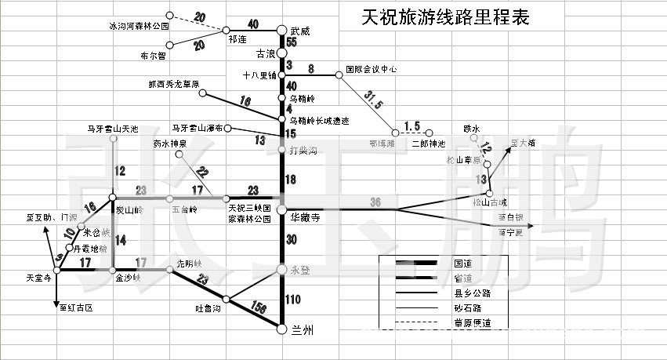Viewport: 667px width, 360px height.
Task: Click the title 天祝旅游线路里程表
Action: click(x=444, y=17)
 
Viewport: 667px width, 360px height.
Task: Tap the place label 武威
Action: click(x=300, y=31)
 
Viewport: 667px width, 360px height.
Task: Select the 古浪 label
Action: click(x=266, y=54)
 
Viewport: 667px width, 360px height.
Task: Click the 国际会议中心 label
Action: click(x=372, y=70)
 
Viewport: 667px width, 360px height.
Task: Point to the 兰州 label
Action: click(x=303, y=330)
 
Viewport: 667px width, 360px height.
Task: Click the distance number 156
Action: click(x=256, y=308)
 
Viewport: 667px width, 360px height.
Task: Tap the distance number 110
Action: click(x=293, y=299)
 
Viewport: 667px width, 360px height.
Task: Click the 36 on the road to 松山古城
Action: click(x=375, y=202)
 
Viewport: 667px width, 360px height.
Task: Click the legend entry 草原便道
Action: click(x=473, y=323)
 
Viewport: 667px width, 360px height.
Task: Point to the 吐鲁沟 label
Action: click(x=208, y=308)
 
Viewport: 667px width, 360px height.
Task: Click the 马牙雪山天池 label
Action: click(x=112, y=128)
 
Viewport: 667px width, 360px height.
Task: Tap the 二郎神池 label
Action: click(x=428, y=144)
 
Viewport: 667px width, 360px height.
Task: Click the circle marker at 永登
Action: click(x=281, y=270)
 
